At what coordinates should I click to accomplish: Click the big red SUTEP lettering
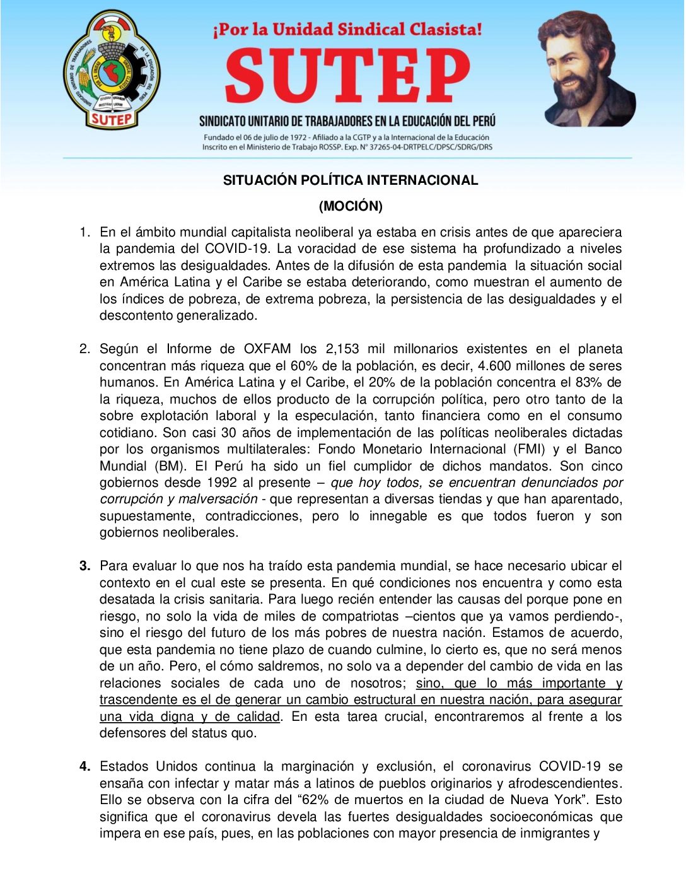tap(347, 76)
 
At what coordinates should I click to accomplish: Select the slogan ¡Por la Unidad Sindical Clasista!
tap(347, 30)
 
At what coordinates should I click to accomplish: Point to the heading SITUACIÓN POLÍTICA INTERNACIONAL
tap(351, 180)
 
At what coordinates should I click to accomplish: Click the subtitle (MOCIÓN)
tap(351, 206)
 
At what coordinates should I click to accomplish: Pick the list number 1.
tap(84, 232)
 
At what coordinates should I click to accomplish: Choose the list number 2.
tap(84, 349)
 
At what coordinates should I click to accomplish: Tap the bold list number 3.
tap(84, 566)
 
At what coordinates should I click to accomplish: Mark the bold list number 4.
tap(84, 766)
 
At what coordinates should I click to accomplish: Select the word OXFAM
tap(267, 349)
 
